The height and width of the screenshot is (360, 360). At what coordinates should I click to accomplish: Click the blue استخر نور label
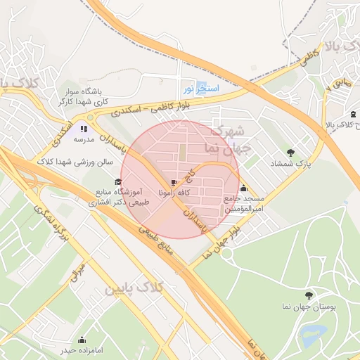click(x=202, y=89)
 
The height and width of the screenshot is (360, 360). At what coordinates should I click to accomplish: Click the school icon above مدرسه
click(x=84, y=129)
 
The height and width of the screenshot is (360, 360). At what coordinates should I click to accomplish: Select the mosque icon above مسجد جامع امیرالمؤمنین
click(x=243, y=188)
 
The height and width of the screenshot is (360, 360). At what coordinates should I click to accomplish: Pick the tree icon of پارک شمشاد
click(x=290, y=153)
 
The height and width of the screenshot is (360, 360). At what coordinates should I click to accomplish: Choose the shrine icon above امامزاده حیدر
click(x=82, y=340)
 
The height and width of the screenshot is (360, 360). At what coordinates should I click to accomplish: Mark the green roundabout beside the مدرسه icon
click(x=90, y=118)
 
